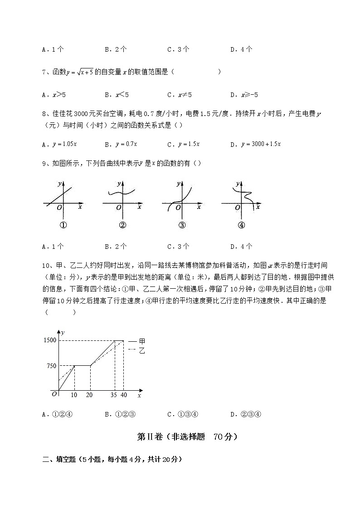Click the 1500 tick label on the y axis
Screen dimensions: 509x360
click(50, 340)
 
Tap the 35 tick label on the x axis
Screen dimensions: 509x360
click(114, 395)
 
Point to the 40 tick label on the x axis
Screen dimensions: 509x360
click(124, 395)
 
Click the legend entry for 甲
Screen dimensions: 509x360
click(136, 341)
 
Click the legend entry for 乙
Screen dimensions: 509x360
click(136, 350)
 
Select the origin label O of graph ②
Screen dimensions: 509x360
click(118, 207)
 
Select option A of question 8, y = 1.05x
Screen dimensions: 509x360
click(64, 144)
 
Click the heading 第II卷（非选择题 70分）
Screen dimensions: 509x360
click(187, 437)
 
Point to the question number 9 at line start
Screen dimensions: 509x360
click(44, 164)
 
